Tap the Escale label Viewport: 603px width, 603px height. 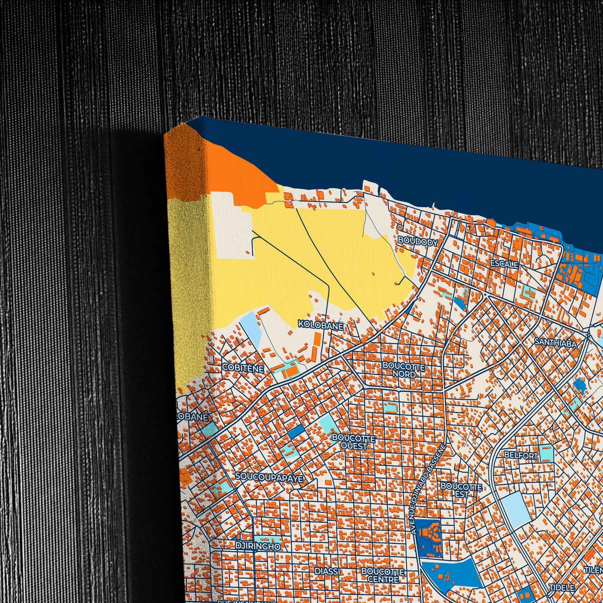point(504,264)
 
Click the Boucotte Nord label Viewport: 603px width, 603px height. point(404,370)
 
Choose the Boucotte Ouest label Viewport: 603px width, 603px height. point(354,441)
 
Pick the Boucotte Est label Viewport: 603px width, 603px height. point(461,490)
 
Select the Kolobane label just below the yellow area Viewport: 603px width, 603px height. point(320,324)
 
